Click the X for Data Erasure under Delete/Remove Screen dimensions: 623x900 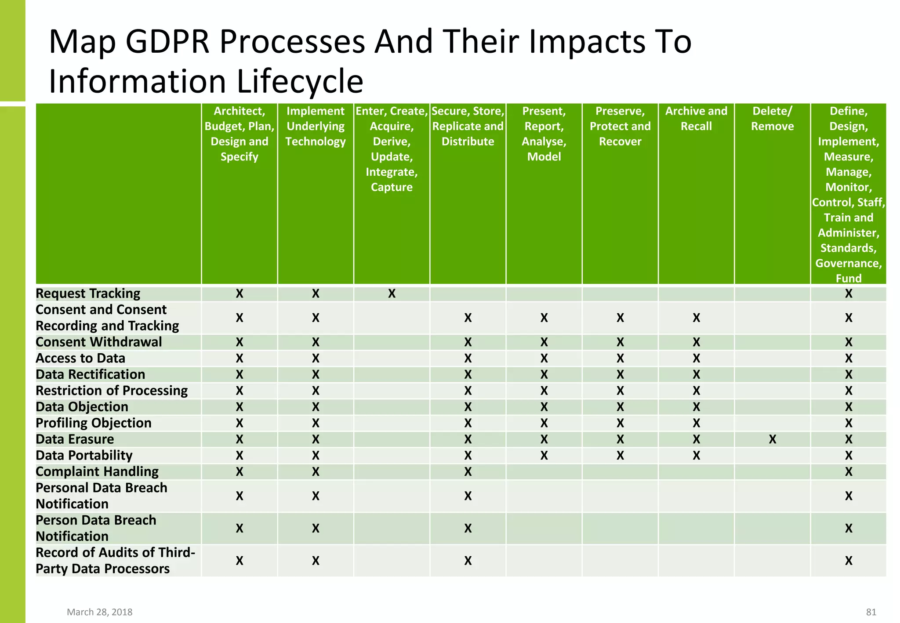point(772,439)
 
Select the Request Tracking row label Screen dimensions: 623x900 point(88,293)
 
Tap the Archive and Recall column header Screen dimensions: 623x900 point(696,119)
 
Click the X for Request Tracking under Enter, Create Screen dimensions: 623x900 point(392,293)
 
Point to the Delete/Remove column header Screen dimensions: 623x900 point(772,119)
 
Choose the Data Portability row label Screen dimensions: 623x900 point(84,456)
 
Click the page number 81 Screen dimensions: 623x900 point(871,612)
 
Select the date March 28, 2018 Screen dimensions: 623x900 point(100,612)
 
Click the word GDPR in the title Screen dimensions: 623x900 point(167,42)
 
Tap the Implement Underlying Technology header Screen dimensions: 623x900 point(316,127)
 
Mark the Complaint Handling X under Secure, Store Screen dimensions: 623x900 point(468,472)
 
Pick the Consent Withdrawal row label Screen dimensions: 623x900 point(98,342)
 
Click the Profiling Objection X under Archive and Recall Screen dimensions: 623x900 point(696,423)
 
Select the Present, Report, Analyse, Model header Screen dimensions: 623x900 point(544,134)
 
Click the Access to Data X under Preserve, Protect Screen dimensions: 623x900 point(620,359)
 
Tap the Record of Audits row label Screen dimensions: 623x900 point(115,561)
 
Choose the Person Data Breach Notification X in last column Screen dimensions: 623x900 point(848,528)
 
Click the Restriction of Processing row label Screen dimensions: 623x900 point(112,391)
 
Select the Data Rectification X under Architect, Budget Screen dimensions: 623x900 point(239,375)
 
